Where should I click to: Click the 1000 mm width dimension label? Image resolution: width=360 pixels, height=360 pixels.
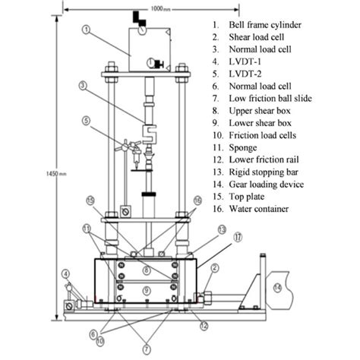161,9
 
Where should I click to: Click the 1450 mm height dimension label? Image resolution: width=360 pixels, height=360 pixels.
56,174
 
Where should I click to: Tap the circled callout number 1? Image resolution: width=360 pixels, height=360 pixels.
87,30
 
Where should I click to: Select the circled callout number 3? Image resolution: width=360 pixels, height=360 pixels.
83,86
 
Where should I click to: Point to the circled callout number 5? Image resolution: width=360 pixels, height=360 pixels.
87,121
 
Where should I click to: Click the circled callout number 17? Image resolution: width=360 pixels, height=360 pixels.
238,237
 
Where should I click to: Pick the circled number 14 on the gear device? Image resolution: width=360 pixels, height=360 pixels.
278,288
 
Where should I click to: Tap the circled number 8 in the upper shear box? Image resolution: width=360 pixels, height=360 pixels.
147,270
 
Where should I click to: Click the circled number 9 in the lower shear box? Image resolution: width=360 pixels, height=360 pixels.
147,290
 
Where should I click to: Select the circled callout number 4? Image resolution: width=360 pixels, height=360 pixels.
66,273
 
